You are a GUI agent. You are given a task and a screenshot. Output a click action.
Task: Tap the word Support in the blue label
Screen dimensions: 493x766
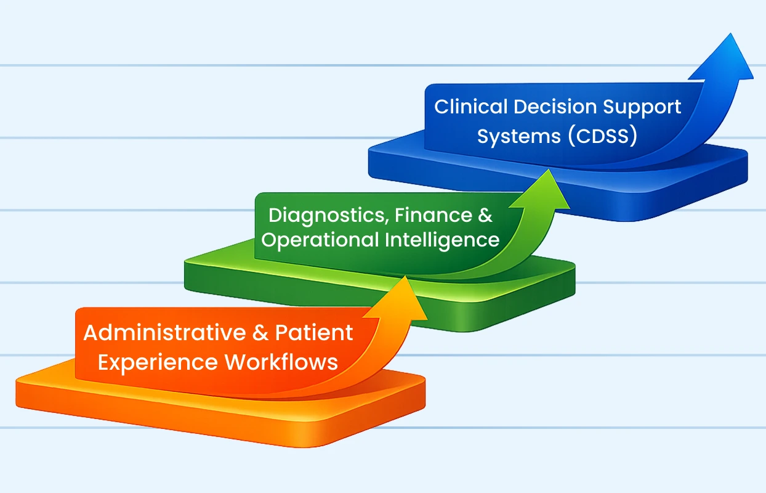tap(643, 107)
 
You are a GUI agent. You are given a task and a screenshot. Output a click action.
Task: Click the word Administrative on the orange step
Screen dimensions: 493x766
tap(164, 333)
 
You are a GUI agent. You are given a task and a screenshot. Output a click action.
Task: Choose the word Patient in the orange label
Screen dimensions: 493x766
tap(314, 333)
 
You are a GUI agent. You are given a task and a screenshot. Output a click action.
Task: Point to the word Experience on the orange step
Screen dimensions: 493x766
tap(157, 362)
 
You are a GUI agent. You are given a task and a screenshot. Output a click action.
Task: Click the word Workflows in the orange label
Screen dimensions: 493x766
tap(281, 362)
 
